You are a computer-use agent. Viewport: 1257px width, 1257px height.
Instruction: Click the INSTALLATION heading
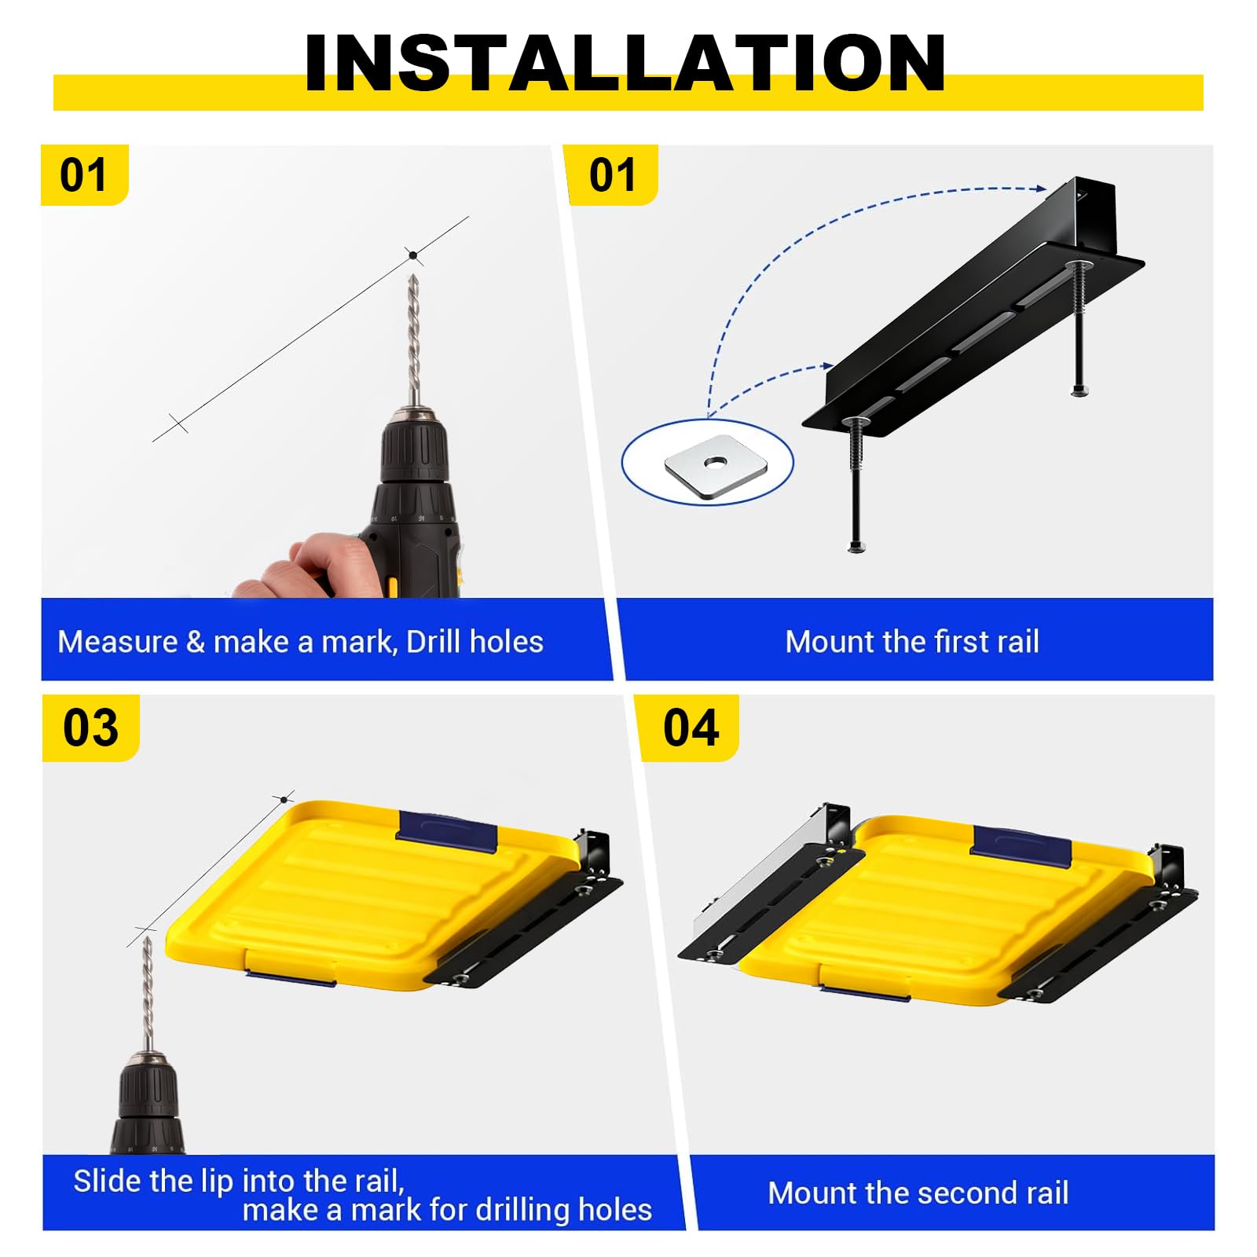[625, 63]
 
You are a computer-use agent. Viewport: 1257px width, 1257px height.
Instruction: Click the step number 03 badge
[90, 727]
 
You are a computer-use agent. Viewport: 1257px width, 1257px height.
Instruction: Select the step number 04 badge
[691, 727]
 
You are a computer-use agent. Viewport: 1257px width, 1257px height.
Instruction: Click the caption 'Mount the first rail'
[912, 642]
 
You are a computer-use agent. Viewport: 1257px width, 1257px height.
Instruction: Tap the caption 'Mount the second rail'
[918, 1193]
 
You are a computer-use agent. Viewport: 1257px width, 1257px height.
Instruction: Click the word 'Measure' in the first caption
[118, 642]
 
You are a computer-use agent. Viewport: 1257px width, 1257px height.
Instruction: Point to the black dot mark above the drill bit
[412, 255]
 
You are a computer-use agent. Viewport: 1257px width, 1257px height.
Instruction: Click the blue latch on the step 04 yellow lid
[1022, 846]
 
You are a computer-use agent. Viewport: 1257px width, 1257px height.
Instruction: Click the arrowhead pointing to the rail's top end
[1041, 188]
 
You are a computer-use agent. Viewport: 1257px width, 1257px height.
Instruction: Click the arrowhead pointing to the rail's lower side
[827, 365]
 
